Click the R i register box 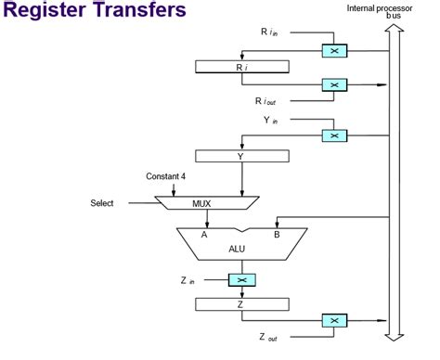(240, 67)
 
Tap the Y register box (240, 156)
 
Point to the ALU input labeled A (204, 235)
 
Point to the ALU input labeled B (276, 235)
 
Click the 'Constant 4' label (167, 176)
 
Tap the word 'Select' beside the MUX (102, 202)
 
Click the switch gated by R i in (333, 50)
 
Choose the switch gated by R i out (333, 84)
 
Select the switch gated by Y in (333, 135)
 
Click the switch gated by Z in (240, 279)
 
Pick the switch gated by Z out (333, 320)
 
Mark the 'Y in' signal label (268, 118)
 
